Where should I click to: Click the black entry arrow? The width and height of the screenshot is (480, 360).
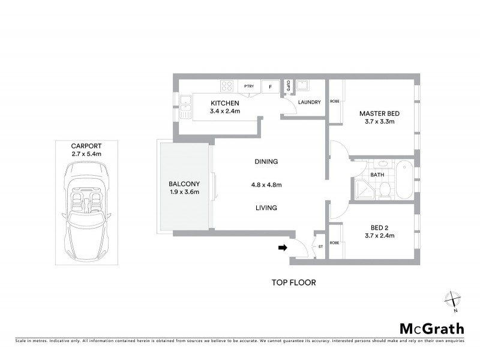[x=282, y=247]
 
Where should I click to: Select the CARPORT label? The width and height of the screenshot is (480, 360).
[x=86, y=146]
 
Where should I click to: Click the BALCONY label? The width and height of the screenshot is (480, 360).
[x=184, y=184]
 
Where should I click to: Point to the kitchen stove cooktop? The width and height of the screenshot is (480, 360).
[x=227, y=86]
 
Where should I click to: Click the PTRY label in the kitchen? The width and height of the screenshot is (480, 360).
[x=248, y=86]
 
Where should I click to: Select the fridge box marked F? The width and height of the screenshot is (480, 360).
[x=270, y=86]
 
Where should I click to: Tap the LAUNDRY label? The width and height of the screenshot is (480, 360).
[x=310, y=102]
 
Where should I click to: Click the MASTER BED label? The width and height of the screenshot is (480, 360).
[x=379, y=113]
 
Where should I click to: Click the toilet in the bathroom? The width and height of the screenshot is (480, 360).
[x=385, y=189]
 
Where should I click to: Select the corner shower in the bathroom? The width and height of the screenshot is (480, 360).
[x=364, y=188]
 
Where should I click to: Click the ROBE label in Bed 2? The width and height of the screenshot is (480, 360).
[x=335, y=244]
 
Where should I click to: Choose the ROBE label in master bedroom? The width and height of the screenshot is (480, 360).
[x=335, y=101]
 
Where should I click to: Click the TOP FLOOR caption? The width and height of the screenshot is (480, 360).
[x=293, y=282]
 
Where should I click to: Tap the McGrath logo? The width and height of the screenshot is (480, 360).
[x=431, y=328]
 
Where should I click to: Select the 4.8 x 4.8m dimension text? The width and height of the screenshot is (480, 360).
[x=266, y=184]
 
